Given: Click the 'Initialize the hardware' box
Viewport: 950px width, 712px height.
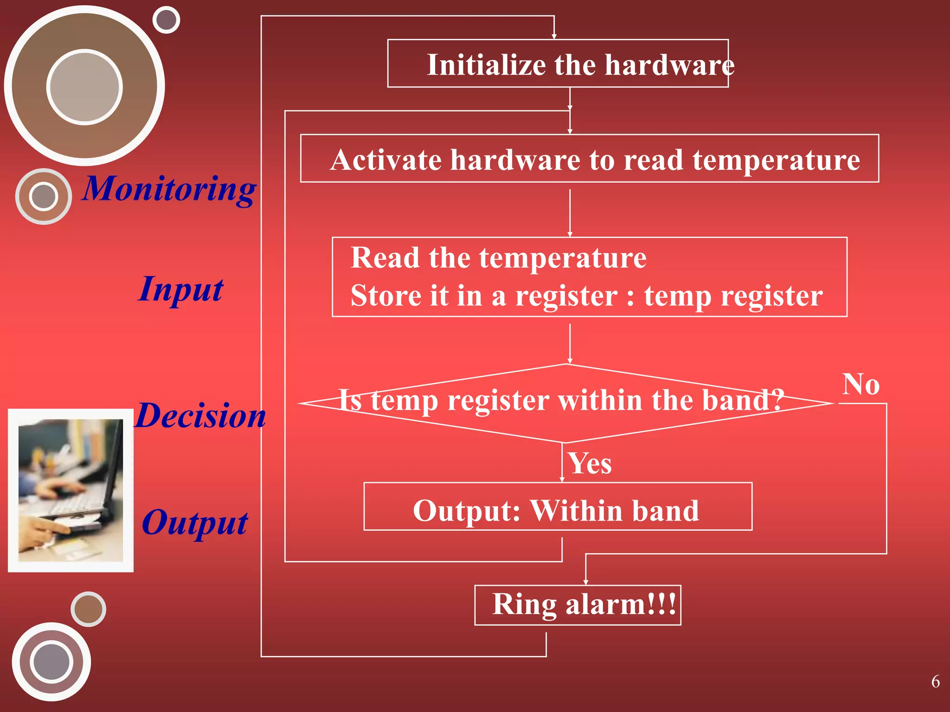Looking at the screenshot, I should click(558, 64).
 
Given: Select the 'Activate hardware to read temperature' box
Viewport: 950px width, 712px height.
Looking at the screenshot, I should click(589, 159).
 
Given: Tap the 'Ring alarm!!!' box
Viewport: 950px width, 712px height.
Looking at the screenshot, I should click(578, 605).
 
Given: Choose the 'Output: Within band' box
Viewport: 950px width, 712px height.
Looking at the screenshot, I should click(558, 506).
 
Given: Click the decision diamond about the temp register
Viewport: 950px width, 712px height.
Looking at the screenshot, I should click(565, 403).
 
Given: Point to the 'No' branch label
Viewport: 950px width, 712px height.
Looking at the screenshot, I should click(860, 384).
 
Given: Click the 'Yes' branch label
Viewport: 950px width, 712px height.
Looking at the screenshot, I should click(590, 463).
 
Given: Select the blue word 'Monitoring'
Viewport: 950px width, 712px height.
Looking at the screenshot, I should click(169, 189).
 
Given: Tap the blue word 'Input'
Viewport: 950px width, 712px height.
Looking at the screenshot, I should click(181, 289).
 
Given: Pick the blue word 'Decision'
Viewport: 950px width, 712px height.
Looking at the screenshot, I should click(200, 415).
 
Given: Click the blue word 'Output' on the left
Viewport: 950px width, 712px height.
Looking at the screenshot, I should click(194, 523).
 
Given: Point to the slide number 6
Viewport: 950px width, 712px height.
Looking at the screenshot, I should click(935, 681).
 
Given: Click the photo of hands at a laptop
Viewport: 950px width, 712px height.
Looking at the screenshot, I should click(71, 490).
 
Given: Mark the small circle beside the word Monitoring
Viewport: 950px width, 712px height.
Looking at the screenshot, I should click(44, 197).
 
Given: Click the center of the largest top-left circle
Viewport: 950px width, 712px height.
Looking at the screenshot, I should click(84, 87).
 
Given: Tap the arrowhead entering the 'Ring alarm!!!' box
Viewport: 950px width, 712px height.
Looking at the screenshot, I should click(585, 582).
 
